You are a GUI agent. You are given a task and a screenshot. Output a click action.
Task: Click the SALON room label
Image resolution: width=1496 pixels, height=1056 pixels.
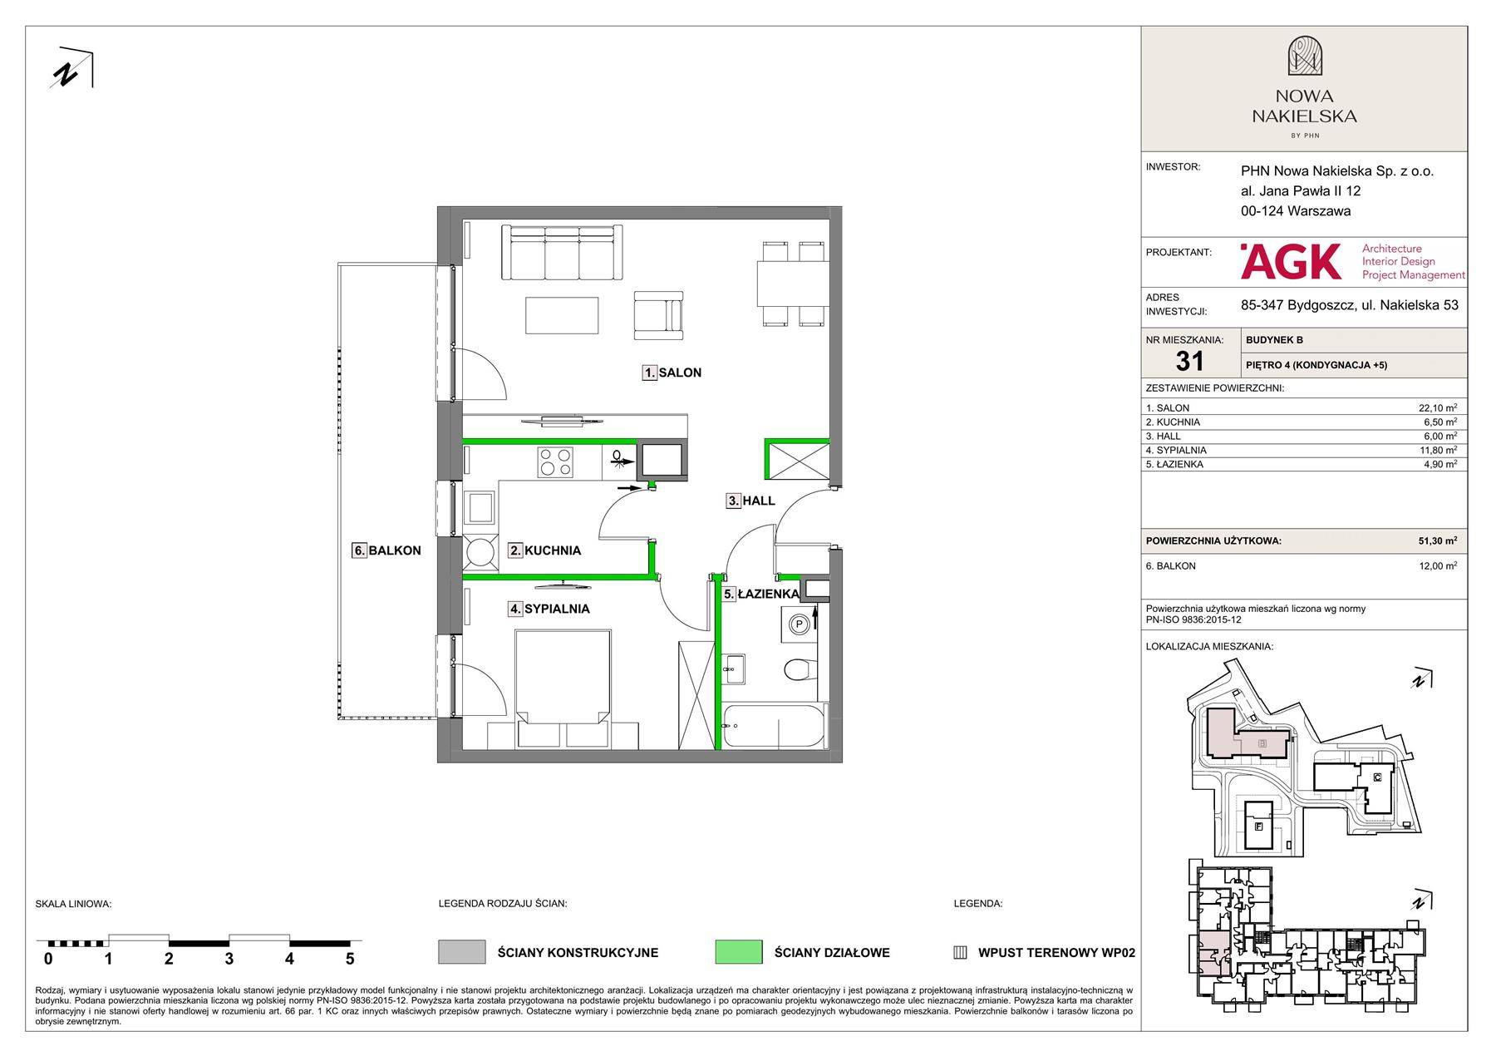pyautogui.click(x=672, y=373)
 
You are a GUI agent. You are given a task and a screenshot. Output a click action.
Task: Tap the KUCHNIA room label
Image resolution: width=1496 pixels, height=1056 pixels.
pyautogui.click(x=544, y=550)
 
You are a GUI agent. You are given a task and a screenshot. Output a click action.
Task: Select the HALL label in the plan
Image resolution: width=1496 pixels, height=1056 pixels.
pyautogui.click(x=750, y=501)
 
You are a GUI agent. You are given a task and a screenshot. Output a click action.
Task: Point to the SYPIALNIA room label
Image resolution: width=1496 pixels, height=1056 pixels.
pyautogui.click(x=549, y=609)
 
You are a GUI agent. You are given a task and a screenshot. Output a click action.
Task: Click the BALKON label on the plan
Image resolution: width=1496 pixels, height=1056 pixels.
pyautogui.click(x=386, y=550)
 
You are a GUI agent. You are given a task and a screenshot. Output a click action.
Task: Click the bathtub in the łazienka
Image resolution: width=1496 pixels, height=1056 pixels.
pyautogui.click(x=775, y=726)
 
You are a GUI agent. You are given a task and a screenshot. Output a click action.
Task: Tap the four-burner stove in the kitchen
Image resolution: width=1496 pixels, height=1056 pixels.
pyautogui.click(x=555, y=462)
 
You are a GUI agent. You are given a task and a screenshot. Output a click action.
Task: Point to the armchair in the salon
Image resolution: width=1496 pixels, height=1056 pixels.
pyautogui.click(x=658, y=315)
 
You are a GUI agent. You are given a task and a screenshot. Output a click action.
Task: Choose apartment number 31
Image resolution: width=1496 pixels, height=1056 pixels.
pyautogui.click(x=1189, y=361)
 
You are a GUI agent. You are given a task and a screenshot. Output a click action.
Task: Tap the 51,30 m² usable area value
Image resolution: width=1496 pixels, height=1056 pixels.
pyautogui.click(x=1437, y=540)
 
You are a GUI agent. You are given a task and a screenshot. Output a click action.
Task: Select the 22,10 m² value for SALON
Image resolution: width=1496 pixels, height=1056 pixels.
pyautogui.click(x=1437, y=408)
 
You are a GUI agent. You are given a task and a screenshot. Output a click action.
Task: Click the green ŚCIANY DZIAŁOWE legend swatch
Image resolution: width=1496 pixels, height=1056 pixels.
pyautogui.click(x=739, y=952)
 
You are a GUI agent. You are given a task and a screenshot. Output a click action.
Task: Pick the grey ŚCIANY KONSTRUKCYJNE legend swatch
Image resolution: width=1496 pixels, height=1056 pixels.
pyautogui.click(x=462, y=952)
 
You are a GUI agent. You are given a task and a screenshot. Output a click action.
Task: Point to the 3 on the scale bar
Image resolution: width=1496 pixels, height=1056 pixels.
pyautogui.click(x=229, y=959)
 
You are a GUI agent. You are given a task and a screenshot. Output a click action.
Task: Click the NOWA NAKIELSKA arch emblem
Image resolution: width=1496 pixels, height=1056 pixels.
pyautogui.click(x=1305, y=57)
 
